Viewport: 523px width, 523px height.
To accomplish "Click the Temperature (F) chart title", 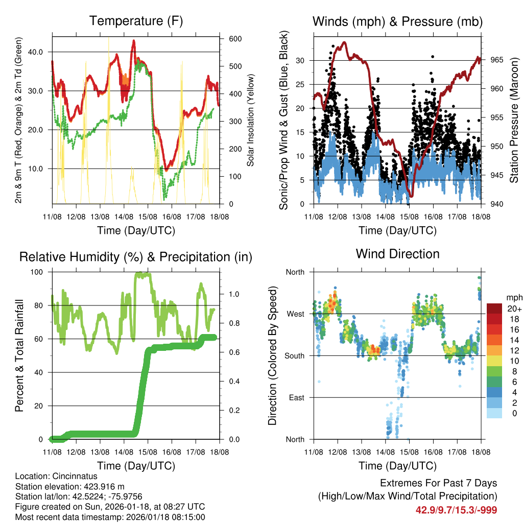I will (x=136, y=21).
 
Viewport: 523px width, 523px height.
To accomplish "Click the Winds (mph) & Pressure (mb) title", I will (x=397, y=21).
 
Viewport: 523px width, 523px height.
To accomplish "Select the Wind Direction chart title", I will (x=397, y=254).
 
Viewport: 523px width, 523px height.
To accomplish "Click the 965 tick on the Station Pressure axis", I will (x=497, y=60).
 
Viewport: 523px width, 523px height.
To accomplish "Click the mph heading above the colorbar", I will (x=513, y=297).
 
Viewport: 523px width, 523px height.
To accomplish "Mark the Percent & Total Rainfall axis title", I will (x=19, y=355).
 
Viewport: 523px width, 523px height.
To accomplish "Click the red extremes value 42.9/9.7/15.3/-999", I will (x=456, y=510).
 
